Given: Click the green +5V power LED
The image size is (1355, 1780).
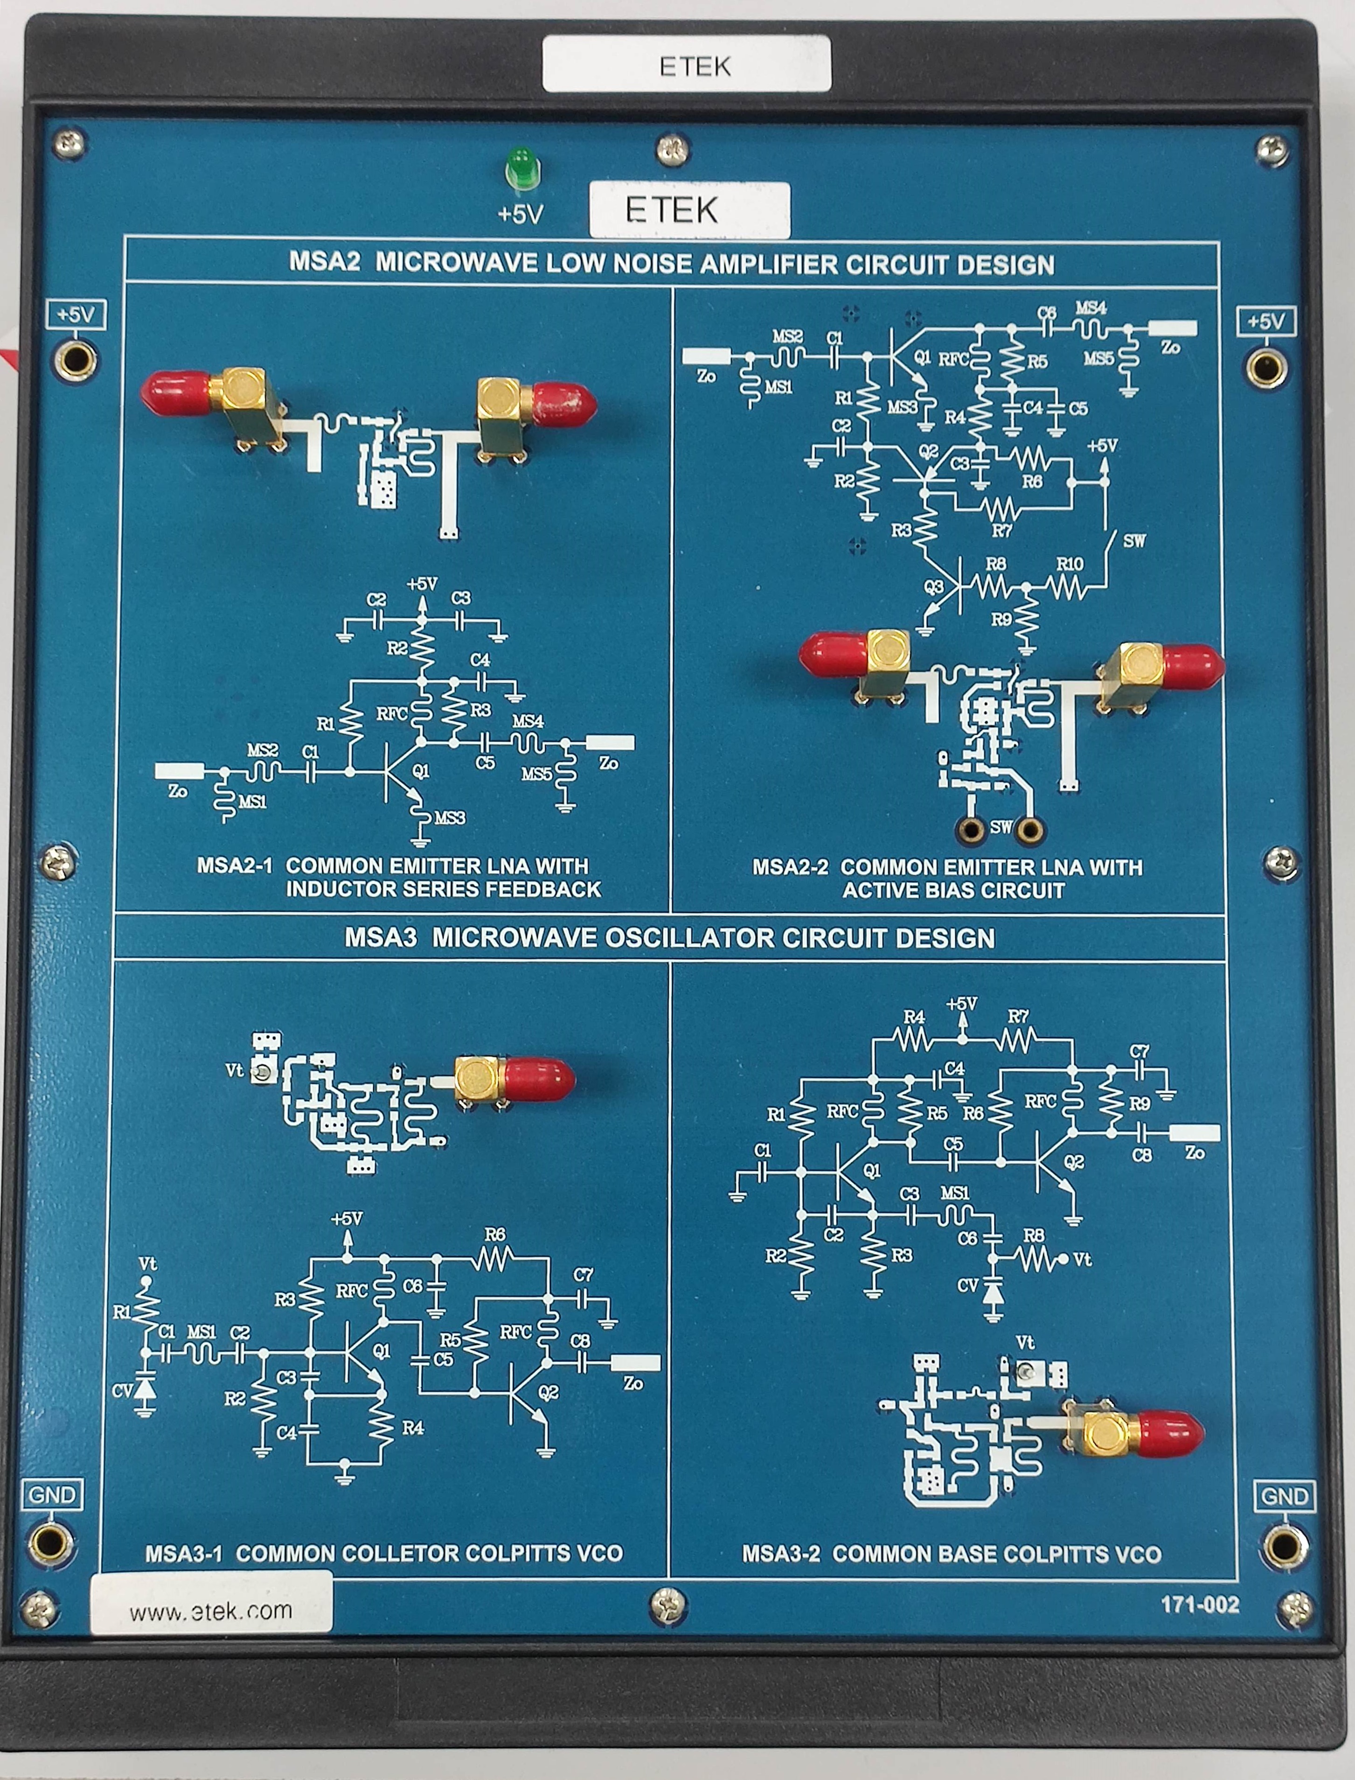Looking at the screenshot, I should [x=522, y=168].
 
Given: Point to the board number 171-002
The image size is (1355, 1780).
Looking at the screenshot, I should [x=1199, y=1604].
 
